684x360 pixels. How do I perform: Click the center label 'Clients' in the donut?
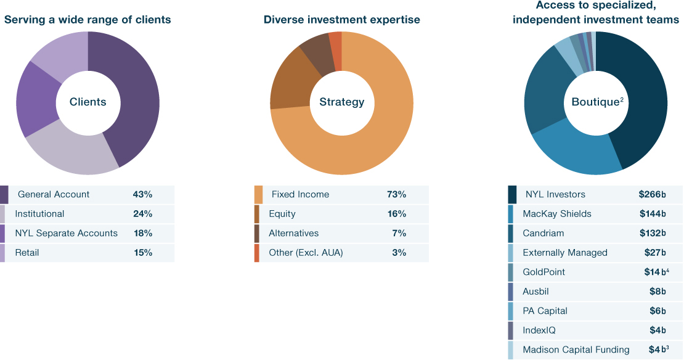[88, 102]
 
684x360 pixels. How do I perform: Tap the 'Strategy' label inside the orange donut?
[341, 102]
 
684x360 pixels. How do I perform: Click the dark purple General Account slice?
[132, 92]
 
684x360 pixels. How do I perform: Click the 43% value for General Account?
[142, 195]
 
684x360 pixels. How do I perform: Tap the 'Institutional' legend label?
[39, 214]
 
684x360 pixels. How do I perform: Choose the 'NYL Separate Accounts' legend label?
[66, 233]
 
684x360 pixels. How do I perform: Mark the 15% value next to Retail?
[142, 253]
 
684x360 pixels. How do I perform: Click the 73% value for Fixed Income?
[396, 195]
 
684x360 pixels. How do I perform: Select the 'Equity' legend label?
[282, 214]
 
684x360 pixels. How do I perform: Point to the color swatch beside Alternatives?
[257, 234]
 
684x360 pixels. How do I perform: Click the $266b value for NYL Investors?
[652, 195]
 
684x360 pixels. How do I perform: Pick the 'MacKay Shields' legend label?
[557, 214]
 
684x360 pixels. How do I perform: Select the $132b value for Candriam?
[652, 233]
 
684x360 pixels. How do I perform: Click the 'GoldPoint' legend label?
[544, 272]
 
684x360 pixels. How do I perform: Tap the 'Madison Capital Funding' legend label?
[576, 350]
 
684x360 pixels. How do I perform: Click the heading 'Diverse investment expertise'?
[342, 20]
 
